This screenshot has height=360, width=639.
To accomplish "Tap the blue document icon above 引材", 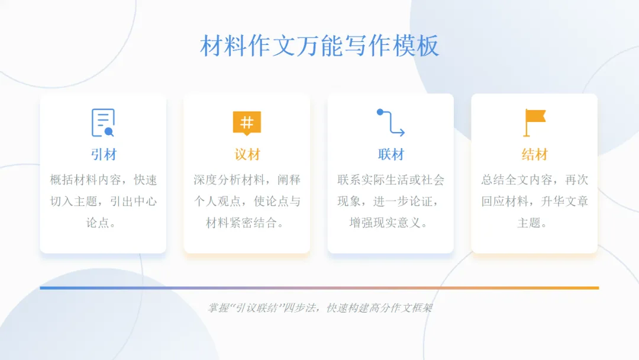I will pos(103,123).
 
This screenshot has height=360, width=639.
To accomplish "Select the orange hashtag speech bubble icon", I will pos(247,123).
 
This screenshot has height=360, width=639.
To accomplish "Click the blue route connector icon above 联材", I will pos(390,123).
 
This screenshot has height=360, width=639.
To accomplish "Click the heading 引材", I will pos(104,155).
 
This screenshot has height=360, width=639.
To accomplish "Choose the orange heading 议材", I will pos(247,155).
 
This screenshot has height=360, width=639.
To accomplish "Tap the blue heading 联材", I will pos(390,155).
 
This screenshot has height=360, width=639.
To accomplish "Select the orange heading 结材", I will pos(534,155).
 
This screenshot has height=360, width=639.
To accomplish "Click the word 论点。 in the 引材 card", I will pos(104,223).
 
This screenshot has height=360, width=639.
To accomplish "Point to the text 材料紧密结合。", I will pos(247,223).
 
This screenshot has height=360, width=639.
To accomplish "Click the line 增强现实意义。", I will pos(390,223).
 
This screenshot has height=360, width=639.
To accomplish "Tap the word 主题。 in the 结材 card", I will pos(534,223).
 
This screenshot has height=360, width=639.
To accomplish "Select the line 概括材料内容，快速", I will pos(104,180).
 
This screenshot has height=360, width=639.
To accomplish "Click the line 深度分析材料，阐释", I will pos(247,180).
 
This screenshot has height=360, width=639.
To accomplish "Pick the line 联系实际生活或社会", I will pos(390,180).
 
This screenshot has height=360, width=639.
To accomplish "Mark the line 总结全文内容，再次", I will pos(534,180).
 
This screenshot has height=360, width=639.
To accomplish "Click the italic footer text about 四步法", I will pos(319,308).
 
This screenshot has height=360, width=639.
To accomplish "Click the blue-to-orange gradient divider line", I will pos(319,288).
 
